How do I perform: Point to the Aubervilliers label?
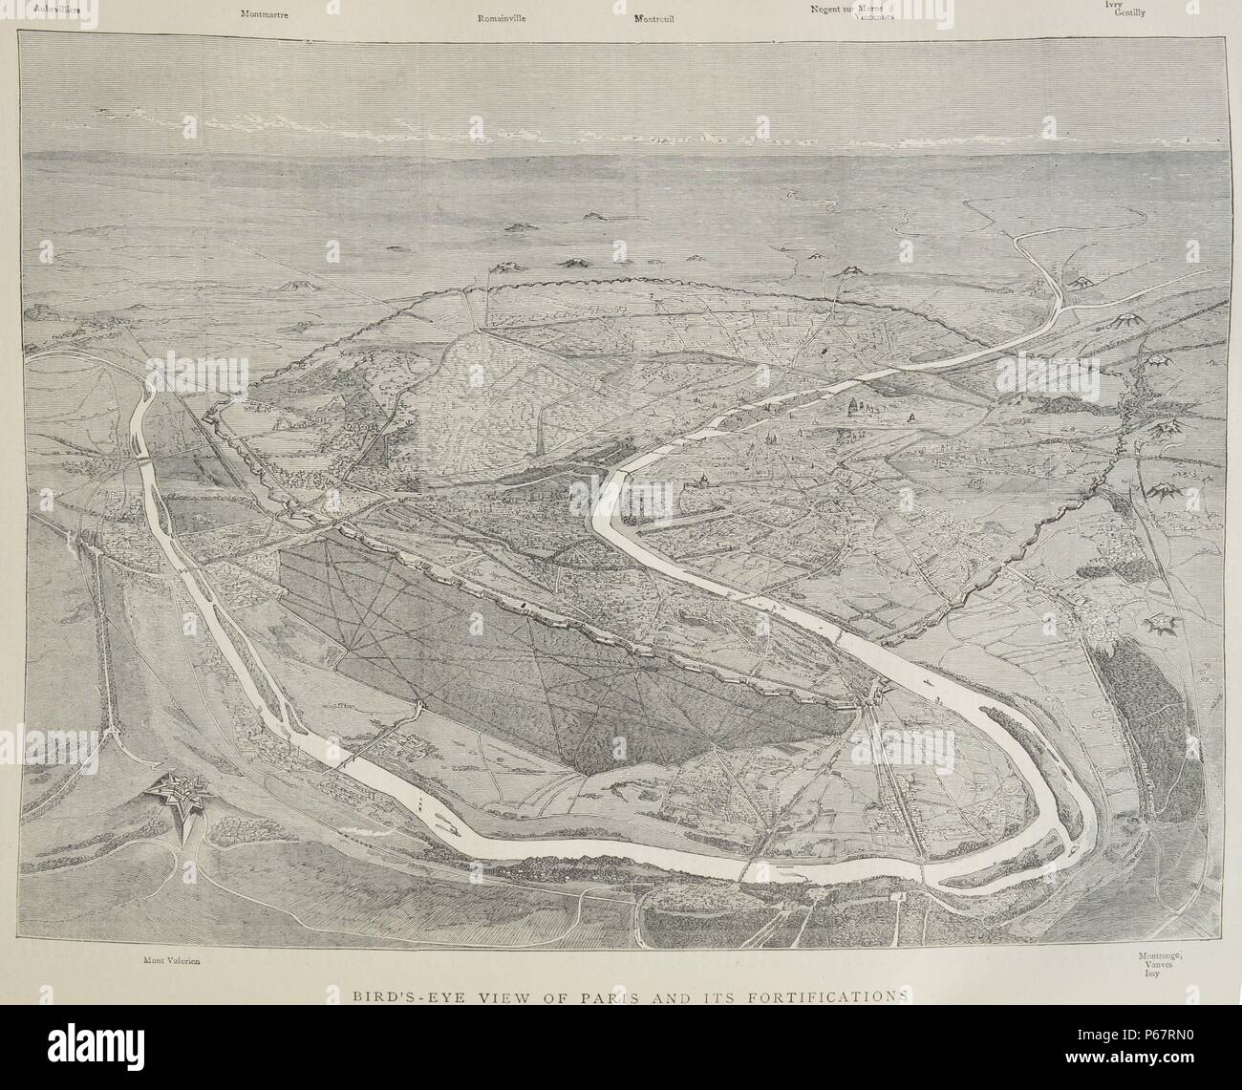pos(55,9)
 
